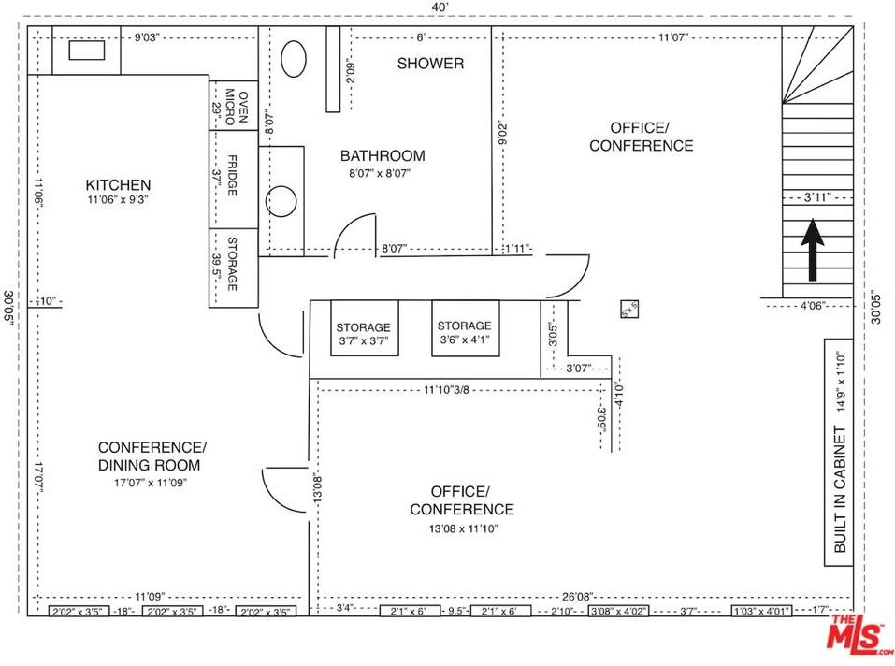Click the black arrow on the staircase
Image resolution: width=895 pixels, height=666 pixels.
click(811, 250)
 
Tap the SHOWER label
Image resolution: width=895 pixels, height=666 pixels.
click(430, 64)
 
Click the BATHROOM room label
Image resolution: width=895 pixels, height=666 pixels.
click(382, 156)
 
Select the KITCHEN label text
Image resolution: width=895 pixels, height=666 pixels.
click(118, 185)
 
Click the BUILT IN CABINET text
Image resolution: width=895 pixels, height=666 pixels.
click(840, 490)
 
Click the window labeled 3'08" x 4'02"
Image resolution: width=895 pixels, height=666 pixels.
click(616, 611)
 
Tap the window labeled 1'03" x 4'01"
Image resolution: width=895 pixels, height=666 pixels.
click(761, 611)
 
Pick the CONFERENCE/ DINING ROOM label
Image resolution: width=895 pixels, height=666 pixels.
click(152, 456)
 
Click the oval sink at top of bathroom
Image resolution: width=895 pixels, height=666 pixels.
click(294, 60)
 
